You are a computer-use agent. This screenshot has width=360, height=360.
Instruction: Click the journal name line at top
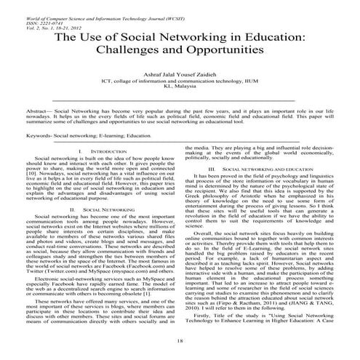(x=80, y=5)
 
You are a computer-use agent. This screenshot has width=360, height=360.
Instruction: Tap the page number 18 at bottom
(x=179, y=340)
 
